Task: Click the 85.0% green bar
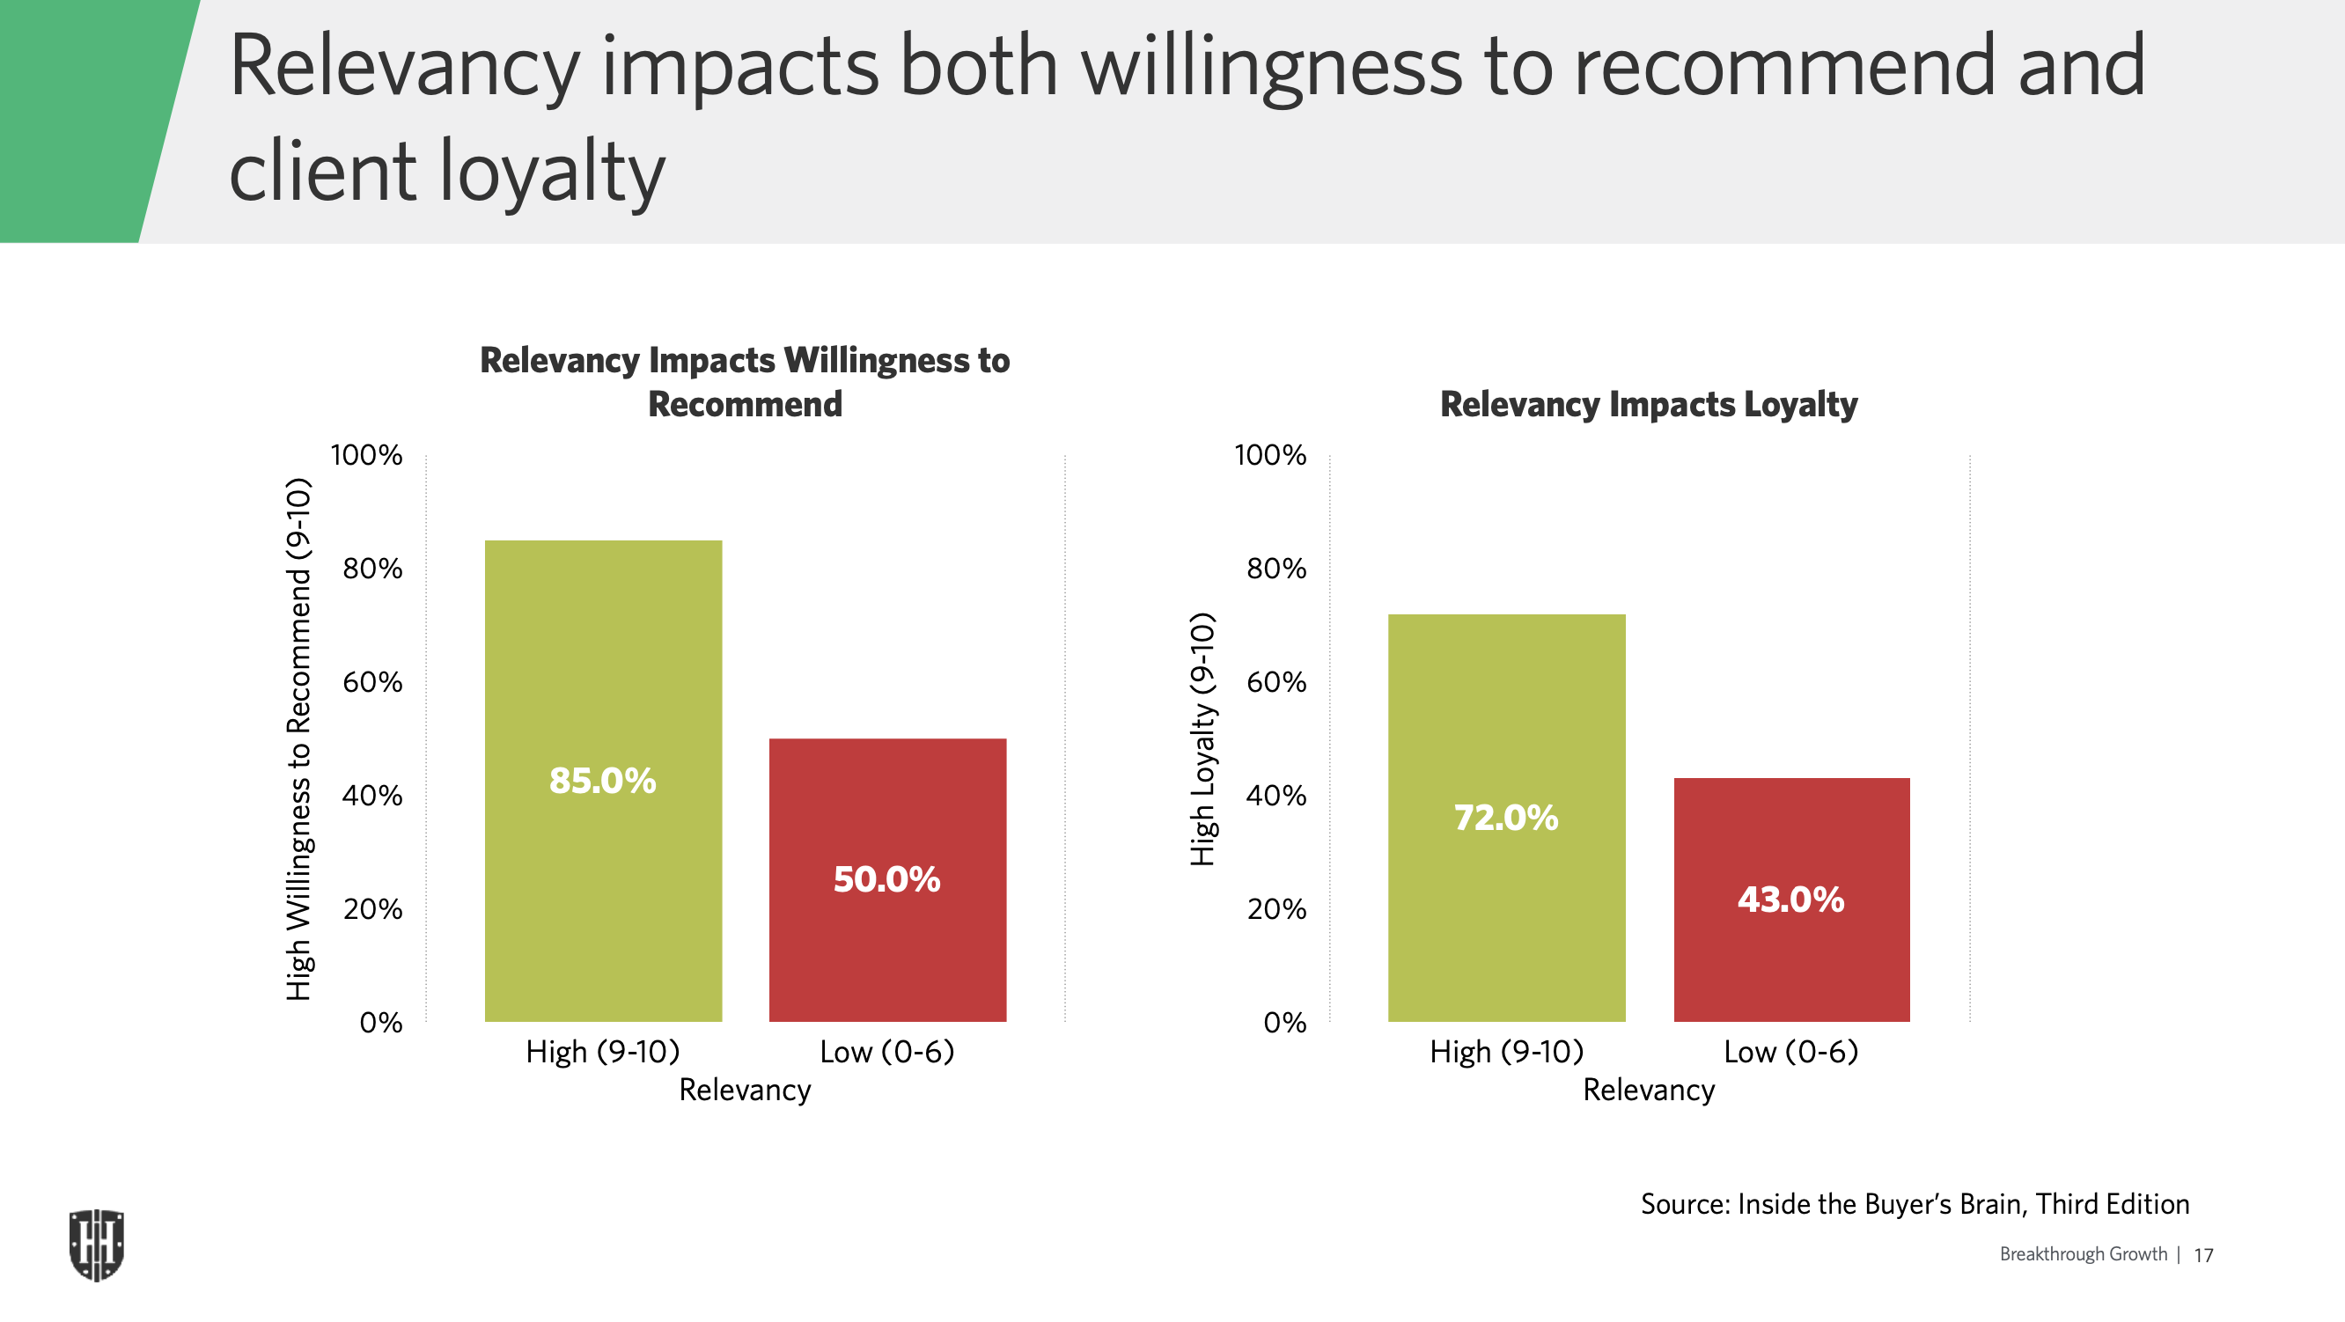tap(603, 781)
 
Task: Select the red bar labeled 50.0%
tap(887, 879)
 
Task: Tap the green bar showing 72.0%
tap(1507, 818)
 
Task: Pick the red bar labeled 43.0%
tap(1791, 900)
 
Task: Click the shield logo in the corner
tap(97, 1245)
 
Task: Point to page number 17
tap(2203, 1255)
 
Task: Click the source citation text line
tap(1915, 1205)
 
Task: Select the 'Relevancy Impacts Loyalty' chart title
tap(1649, 404)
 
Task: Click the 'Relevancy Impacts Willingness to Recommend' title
tap(745, 382)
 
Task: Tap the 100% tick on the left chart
tap(366, 455)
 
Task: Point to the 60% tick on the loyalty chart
tap(1276, 682)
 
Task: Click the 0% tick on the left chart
tap(380, 1023)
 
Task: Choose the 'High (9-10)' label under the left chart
tap(603, 1053)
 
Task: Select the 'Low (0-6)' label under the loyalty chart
tap(1790, 1053)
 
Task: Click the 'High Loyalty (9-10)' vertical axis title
tap(1202, 739)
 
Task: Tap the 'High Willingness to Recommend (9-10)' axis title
tap(298, 739)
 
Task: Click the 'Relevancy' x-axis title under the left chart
tap(745, 1090)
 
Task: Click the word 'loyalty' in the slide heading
tap(553, 171)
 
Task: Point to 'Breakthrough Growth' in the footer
tap(2083, 1254)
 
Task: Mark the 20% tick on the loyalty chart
tap(1276, 908)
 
